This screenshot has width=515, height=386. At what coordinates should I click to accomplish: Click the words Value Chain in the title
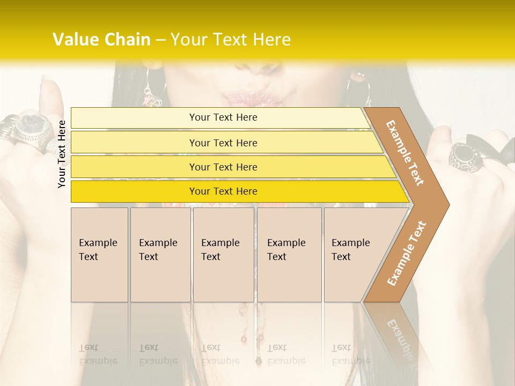[101, 40]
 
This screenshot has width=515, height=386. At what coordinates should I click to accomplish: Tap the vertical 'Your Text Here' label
[62, 154]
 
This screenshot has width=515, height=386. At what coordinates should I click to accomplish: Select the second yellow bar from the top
[223, 143]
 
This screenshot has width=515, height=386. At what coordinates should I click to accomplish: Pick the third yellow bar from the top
[223, 167]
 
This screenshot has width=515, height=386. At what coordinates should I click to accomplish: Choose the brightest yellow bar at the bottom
[223, 191]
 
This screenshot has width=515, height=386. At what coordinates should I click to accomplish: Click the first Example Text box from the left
[99, 255]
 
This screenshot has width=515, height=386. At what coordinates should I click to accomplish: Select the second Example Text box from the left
[160, 255]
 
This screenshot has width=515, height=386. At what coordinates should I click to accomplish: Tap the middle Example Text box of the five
[223, 255]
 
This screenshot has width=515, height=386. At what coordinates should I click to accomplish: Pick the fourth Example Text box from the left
[289, 255]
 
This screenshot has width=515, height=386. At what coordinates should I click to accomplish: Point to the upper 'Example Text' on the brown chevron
[405, 153]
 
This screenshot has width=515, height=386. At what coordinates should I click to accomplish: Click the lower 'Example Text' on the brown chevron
[406, 253]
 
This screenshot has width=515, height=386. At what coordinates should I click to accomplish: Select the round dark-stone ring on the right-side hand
[464, 156]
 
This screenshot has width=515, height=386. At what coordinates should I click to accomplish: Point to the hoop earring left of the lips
[152, 88]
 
